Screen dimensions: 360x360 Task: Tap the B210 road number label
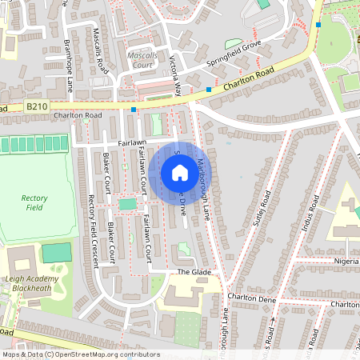tap(37, 106)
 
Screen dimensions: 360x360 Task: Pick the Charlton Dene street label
tap(252, 297)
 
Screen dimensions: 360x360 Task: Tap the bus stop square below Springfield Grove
tap(209, 89)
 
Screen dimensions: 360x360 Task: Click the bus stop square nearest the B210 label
tap(134, 109)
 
